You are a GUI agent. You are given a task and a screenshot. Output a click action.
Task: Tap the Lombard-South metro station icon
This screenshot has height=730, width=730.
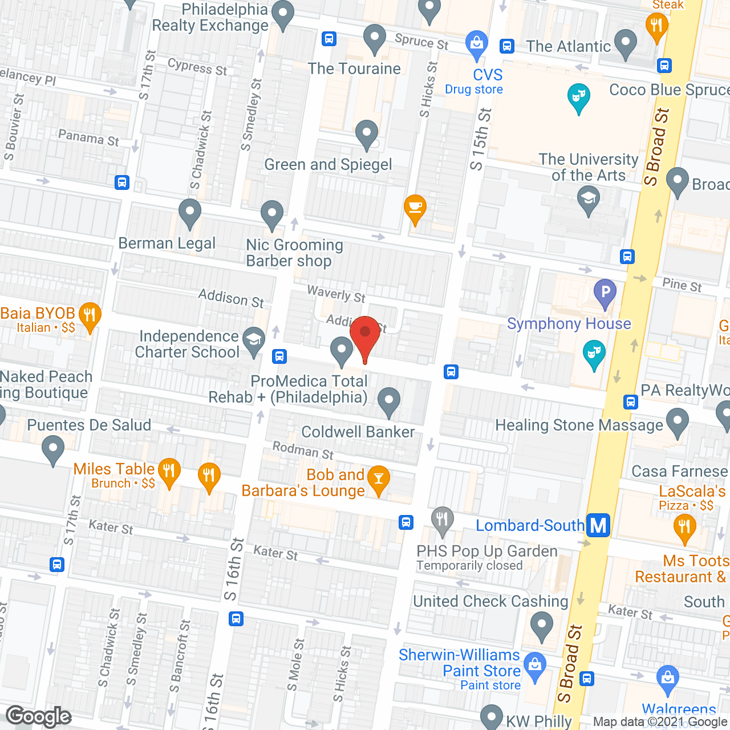[x=598, y=525]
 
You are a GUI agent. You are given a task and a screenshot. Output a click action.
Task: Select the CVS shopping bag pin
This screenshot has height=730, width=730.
[x=477, y=43]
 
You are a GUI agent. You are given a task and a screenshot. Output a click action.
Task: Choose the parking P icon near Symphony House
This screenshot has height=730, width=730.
[x=605, y=293]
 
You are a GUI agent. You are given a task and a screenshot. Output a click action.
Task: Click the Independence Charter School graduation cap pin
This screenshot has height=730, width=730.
[x=254, y=340]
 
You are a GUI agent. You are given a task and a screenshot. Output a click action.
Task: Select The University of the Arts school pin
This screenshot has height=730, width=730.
[x=588, y=199]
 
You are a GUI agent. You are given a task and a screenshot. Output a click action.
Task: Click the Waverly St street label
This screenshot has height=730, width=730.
[x=336, y=294]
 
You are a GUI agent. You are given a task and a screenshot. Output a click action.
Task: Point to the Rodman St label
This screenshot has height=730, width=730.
[x=303, y=450]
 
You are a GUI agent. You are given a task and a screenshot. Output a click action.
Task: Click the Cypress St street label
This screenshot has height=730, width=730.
[x=197, y=67]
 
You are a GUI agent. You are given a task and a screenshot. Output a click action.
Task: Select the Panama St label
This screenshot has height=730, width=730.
[x=88, y=137]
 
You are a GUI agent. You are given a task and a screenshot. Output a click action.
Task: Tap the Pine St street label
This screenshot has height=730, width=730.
[x=682, y=285]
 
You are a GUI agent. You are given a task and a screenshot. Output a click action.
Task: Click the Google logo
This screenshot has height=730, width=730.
[x=39, y=716]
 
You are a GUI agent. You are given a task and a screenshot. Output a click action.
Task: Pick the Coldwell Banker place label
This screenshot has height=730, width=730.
[x=358, y=432]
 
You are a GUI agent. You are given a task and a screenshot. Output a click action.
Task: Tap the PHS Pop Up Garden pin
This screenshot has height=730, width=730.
[x=443, y=520]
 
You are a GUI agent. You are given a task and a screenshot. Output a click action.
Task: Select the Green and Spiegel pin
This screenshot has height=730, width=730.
[x=367, y=134]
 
